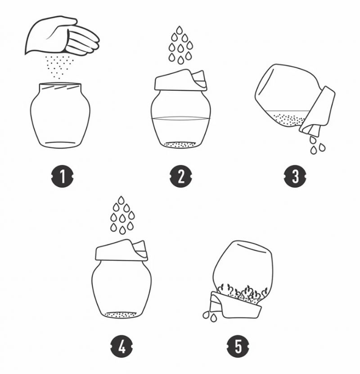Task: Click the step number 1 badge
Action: (63, 176)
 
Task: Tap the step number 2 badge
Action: (181, 176)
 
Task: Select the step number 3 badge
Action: (295, 176)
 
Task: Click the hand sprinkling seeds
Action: (62, 36)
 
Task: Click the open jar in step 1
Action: (60, 116)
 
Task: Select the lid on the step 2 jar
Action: (181, 80)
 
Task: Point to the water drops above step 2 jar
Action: (180, 45)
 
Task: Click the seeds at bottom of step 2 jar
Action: (181, 144)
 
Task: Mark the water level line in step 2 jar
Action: (181, 118)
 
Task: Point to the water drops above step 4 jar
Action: (122, 215)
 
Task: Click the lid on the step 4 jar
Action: (121, 250)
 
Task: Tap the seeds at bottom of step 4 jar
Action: (121, 315)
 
